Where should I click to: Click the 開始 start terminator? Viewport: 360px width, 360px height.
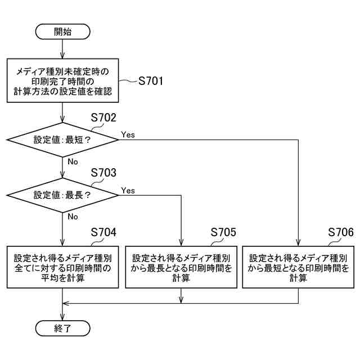pyautogui.click(x=62, y=31)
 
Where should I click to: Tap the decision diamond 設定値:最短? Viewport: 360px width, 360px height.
pyautogui.click(x=62, y=139)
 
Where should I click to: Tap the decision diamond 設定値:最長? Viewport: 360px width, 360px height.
pyautogui.click(x=62, y=195)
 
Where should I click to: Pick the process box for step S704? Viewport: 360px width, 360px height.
pyautogui.click(x=62, y=267)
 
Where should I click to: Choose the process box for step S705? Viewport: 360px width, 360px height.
pyautogui.click(x=181, y=267)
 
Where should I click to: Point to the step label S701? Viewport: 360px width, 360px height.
pyautogui.click(x=150, y=80)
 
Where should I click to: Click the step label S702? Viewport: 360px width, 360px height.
pyautogui.click(x=103, y=118)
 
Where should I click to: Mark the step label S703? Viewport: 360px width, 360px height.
pyautogui.click(x=103, y=173)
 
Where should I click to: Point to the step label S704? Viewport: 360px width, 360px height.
pyautogui.click(x=103, y=232)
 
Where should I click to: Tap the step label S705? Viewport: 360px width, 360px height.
pyautogui.click(x=223, y=232)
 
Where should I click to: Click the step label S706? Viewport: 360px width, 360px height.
pyautogui.click(x=341, y=232)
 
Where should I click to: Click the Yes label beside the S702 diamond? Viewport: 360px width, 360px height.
pyautogui.click(x=128, y=134)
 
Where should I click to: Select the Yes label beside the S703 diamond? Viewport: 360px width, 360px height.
pyautogui.click(x=128, y=191)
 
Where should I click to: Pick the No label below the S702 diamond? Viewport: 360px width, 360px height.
pyautogui.click(x=73, y=161)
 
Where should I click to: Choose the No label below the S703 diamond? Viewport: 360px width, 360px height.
pyautogui.click(x=73, y=217)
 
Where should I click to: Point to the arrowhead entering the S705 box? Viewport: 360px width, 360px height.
pyautogui.click(x=181, y=242)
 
